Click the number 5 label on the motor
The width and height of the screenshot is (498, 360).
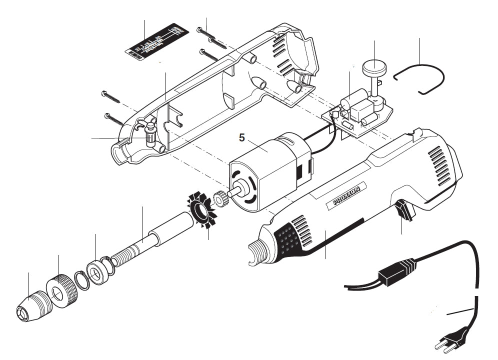(x=241, y=137)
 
